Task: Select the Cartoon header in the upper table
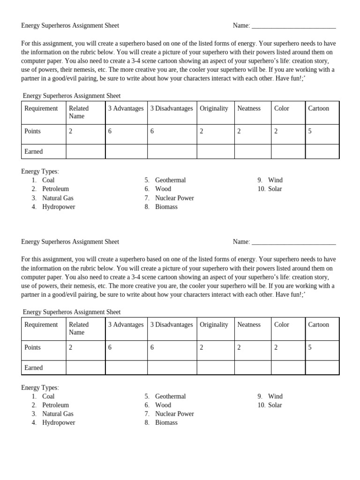coord(318,108)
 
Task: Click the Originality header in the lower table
coord(214,324)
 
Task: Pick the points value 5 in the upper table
coord(310,131)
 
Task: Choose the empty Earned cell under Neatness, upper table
coord(252,151)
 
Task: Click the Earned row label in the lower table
coord(33,368)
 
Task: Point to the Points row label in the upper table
coord(32,131)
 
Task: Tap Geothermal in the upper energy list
coord(170,180)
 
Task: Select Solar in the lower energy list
coord(275,405)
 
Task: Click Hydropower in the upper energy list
coord(59,207)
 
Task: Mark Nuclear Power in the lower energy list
coord(174,414)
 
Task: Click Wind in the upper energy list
coord(275,180)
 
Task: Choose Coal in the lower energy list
coord(48,396)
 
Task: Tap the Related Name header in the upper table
coord(79,112)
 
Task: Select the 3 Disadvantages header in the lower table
coord(172,324)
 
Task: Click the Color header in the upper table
coord(282,108)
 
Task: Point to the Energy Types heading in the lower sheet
coord(40,388)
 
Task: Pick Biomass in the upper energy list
coord(166,207)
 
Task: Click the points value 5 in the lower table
coord(310,347)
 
